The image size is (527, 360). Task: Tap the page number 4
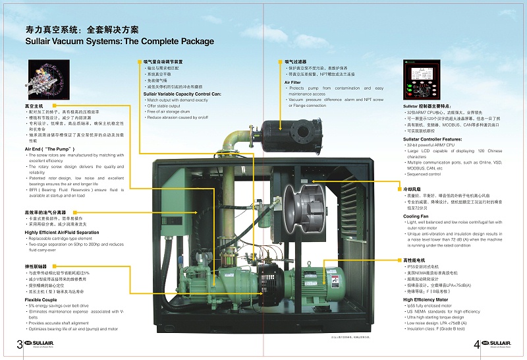click(476, 344)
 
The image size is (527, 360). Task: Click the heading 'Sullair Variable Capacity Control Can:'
click(182, 94)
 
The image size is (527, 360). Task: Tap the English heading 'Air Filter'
click(292, 82)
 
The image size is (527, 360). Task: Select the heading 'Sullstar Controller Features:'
click(432, 139)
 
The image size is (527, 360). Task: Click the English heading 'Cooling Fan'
click(416, 216)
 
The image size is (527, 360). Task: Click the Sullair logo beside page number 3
click(43, 344)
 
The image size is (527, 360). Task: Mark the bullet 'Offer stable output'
click(165, 105)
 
